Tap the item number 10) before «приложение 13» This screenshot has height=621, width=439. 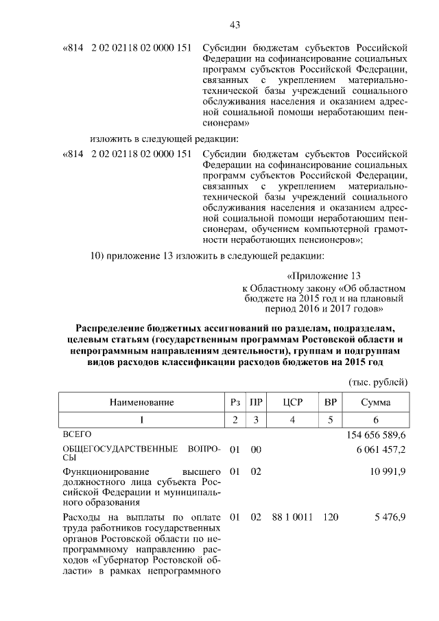(99, 257)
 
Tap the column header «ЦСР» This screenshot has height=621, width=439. (292, 402)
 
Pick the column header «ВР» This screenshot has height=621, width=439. (331, 402)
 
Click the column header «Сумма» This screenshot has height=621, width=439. (376, 402)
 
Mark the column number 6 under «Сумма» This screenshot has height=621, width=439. (376, 419)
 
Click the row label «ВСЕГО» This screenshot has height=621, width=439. (77, 434)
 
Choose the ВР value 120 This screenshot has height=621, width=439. (331, 515)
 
